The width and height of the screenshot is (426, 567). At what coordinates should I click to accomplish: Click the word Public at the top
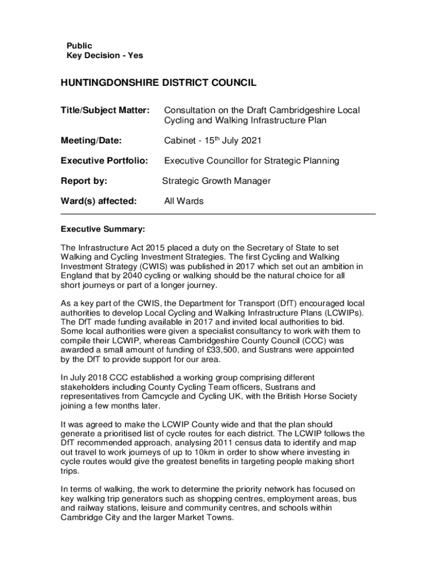pyautogui.click(x=79, y=45)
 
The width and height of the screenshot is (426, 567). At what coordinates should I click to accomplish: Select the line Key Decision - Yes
pyautogui.click(x=105, y=55)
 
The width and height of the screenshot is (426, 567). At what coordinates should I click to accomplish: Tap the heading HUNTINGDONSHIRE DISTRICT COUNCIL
pyautogui.click(x=158, y=83)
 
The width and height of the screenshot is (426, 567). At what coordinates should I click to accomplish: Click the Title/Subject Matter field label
pyautogui.click(x=105, y=110)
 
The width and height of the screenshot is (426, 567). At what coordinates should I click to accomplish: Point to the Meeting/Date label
pyautogui.click(x=91, y=141)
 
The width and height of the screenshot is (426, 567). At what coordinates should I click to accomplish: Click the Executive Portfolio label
pyautogui.click(x=105, y=161)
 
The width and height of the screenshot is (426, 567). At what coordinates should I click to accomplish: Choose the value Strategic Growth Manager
pyautogui.click(x=216, y=181)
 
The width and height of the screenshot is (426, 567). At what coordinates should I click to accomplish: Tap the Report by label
pyautogui.click(x=84, y=181)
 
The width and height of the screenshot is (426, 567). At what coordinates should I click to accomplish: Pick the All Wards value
pyautogui.click(x=184, y=201)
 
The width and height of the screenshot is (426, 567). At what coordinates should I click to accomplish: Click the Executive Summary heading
pyautogui.click(x=103, y=229)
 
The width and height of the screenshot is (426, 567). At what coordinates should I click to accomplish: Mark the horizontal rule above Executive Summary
pyautogui.click(x=218, y=214)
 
